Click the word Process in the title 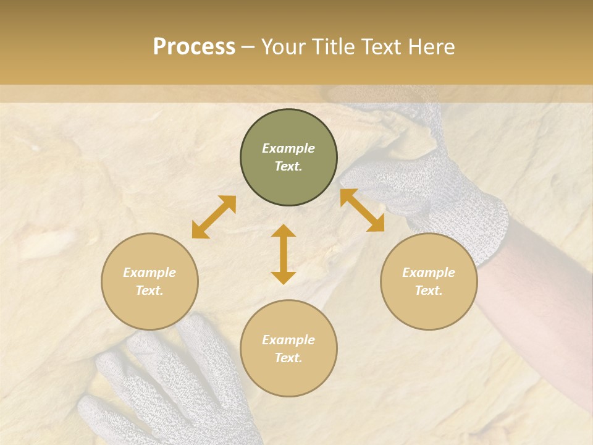click(x=194, y=47)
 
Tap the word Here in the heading click(x=431, y=47)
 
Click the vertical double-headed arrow click(x=284, y=254)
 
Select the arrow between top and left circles click(x=214, y=217)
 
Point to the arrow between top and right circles click(x=362, y=210)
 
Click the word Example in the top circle click(x=288, y=148)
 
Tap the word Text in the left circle click(x=149, y=291)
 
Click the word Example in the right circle click(x=429, y=273)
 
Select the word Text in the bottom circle click(x=288, y=358)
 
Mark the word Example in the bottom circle click(x=288, y=340)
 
